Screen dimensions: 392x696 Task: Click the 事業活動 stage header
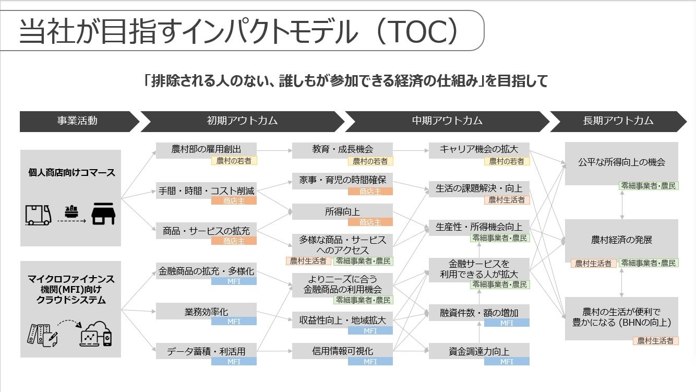click(x=77, y=121)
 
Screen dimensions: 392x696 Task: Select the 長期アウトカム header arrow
click(x=618, y=121)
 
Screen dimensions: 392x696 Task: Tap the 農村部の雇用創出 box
click(x=207, y=149)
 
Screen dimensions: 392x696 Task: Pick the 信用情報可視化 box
click(x=342, y=351)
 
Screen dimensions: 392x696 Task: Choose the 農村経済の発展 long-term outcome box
click(x=621, y=240)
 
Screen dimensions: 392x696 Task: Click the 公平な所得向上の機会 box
click(x=621, y=162)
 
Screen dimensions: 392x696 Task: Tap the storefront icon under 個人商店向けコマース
click(x=103, y=214)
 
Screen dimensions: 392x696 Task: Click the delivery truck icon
click(x=39, y=215)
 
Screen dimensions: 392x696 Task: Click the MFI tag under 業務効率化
click(x=234, y=322)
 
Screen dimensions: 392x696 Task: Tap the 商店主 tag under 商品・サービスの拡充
click(x=234, y=241)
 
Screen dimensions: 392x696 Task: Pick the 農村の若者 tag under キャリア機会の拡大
click(x=507, y=162)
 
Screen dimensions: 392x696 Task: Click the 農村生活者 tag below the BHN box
click(x=656, y=341)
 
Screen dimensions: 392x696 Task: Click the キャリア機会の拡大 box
click(x=479, y=149)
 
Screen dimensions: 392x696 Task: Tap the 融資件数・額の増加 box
click(x=479, y=313)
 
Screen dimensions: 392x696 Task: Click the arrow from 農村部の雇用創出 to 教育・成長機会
click(x=274, y=150)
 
